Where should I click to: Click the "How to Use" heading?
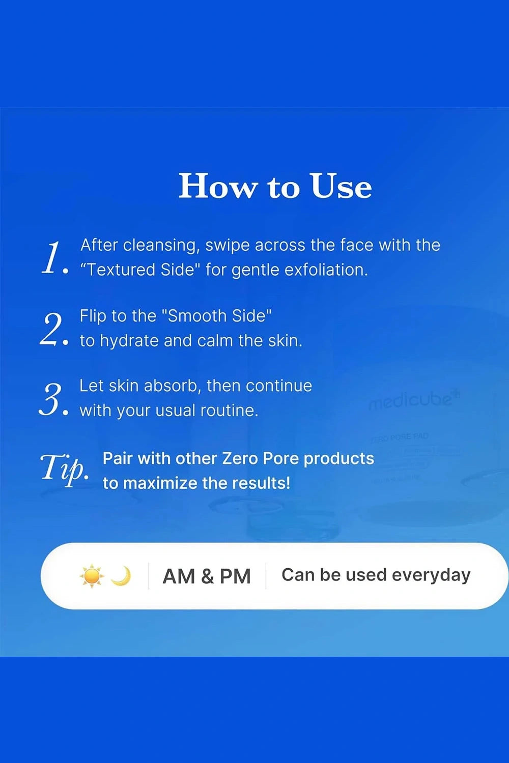pos(275,186)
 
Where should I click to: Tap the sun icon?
pos(92,576)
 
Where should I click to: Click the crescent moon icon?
pos(122,576)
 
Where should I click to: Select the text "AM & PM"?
pos(207,576)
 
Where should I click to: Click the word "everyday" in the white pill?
pos(431,575)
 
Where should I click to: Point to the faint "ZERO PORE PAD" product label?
pos(400,437)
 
